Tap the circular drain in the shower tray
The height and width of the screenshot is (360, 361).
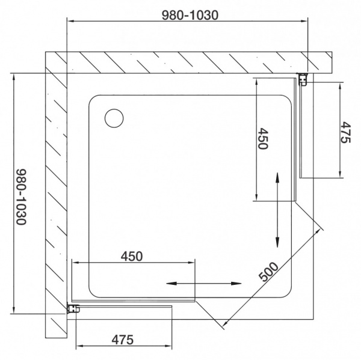point(113,118)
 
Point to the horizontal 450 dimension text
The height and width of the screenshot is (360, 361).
point(132,255)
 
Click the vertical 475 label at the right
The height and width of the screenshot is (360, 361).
point(345,133)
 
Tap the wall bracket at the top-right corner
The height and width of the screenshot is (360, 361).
point(304,78)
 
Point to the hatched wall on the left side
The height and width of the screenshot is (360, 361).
point(56,180)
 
